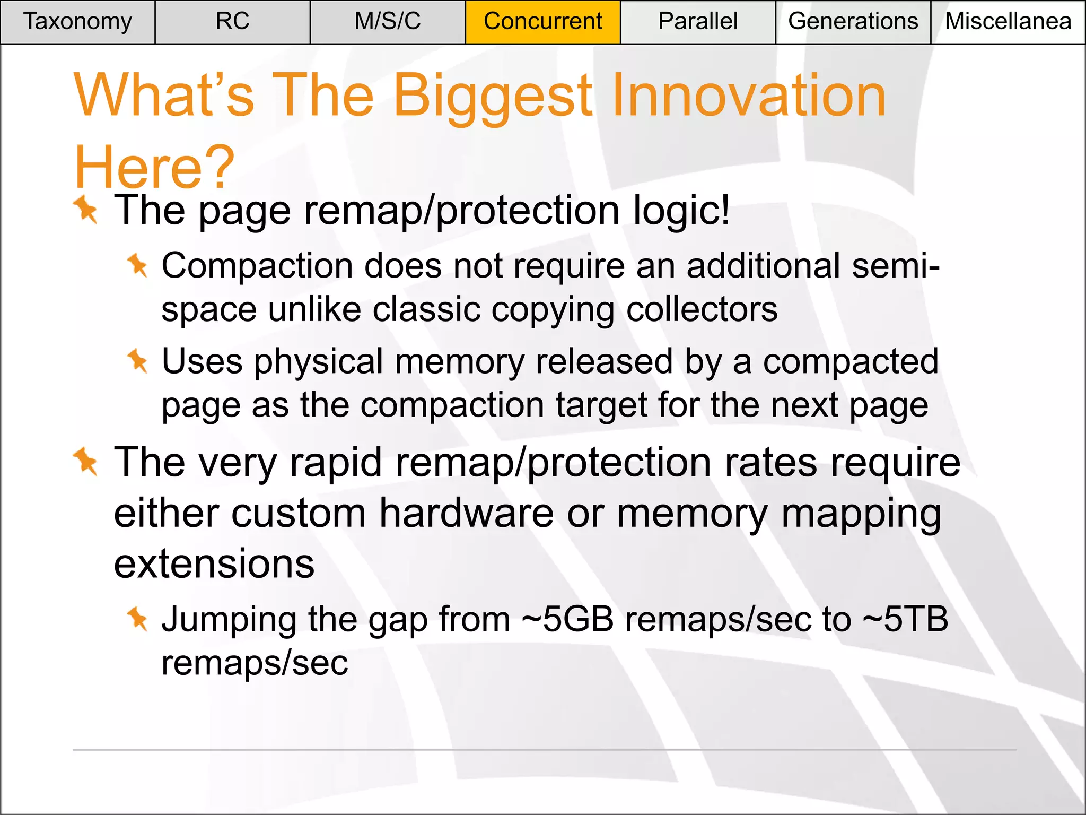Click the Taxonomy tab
pyautogui.click(x=77, y=22)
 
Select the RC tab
pyautogui.click(x=232, y=22)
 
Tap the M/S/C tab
pyautogui.click(x=388, y=22)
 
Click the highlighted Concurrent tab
pyautogui.click(x=542, y=22)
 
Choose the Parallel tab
pyautogui.click(x=697, y=22)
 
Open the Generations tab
pyautogui.click(x=853, y=22)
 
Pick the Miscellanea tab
pyautogui.click(x=1008, y=22)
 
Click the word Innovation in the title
pyautogui.click(x=749, y=96)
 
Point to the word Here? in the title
pyautogui.click(x=154, y=168)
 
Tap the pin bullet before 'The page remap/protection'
pyautogui.click(x=86, y=210)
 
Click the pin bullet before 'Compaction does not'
pyautogui.click(x=137, y=265)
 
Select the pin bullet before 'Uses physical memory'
pyautogui.click(x=137, y=361)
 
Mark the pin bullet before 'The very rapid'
pyautogui.click(x=86, y=461)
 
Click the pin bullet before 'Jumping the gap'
pyautogui.click(x=137, y=618)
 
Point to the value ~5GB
pyautogui.click(x=567, y=619)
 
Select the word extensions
pyautogui.click(x=214, y=564)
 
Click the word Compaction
pyautogui.click(x=257, y=266)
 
